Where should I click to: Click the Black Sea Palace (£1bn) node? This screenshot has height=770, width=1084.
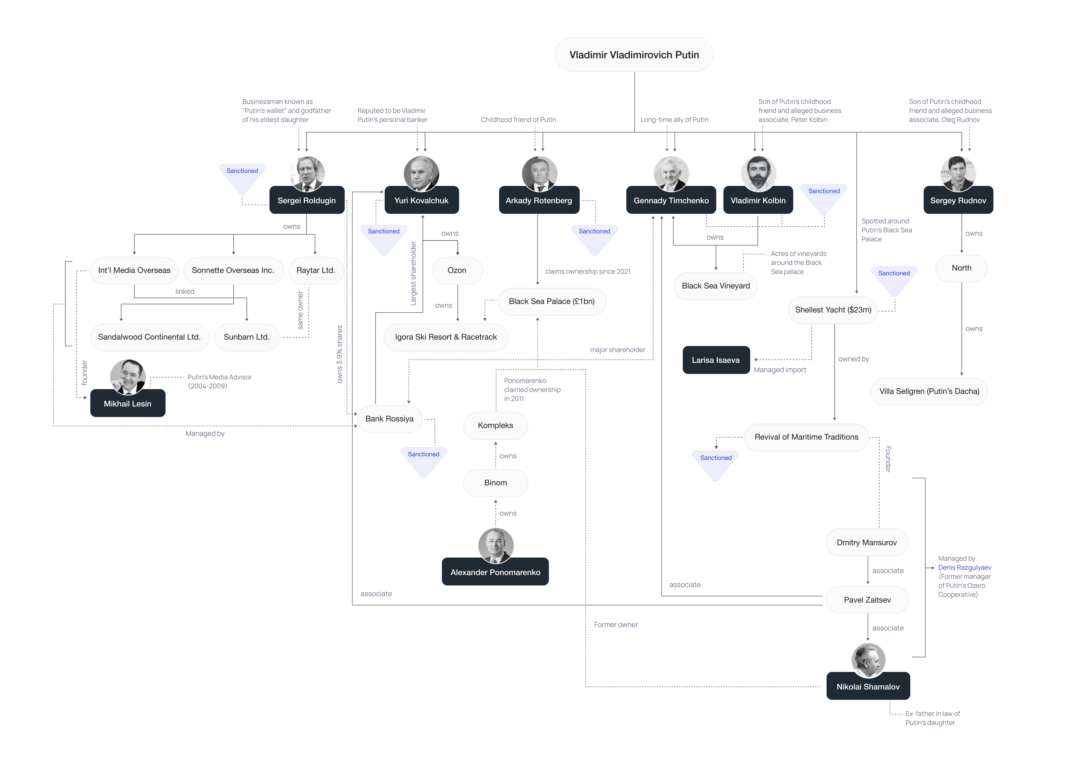tap(552, 302)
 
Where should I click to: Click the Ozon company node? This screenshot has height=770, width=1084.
tap(457, 270)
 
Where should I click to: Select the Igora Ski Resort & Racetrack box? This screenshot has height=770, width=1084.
tap(446, 337)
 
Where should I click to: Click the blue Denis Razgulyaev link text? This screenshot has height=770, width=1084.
tap(965, 568)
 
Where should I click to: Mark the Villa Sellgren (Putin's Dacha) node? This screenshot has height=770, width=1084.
tap(929, 392)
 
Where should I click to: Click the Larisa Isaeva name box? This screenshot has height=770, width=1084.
tap(716, 360)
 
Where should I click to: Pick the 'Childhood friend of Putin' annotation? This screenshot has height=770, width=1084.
tap(518, 120)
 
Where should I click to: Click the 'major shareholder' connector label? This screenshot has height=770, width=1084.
tap(617, 350)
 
